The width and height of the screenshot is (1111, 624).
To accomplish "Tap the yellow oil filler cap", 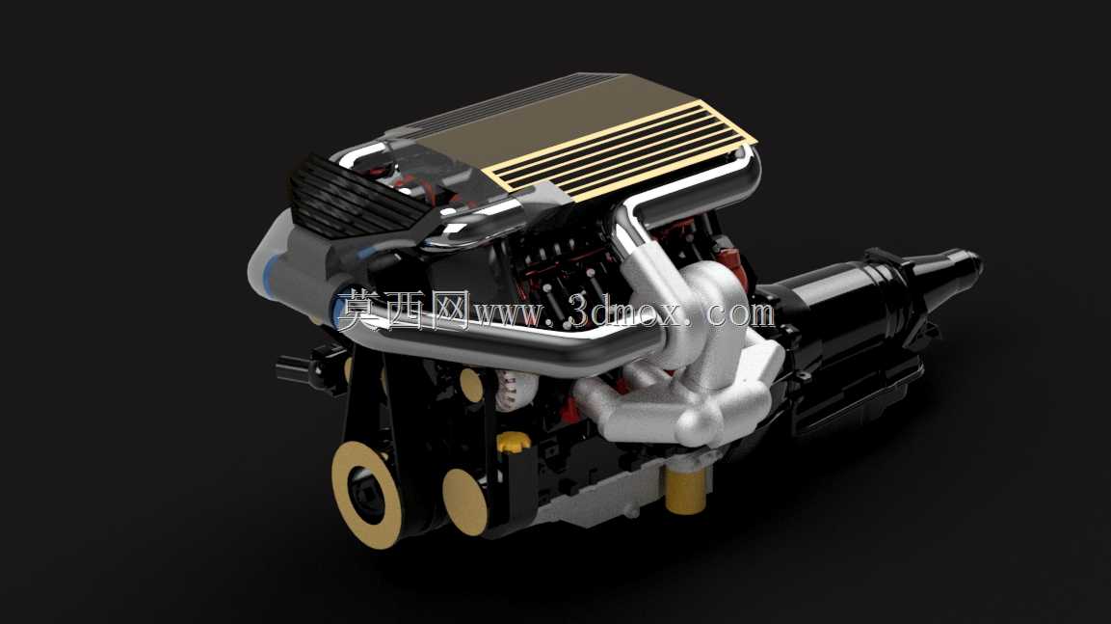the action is click(x=514, y=442).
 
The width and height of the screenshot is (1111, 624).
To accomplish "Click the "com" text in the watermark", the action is click(x=740, y=313).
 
